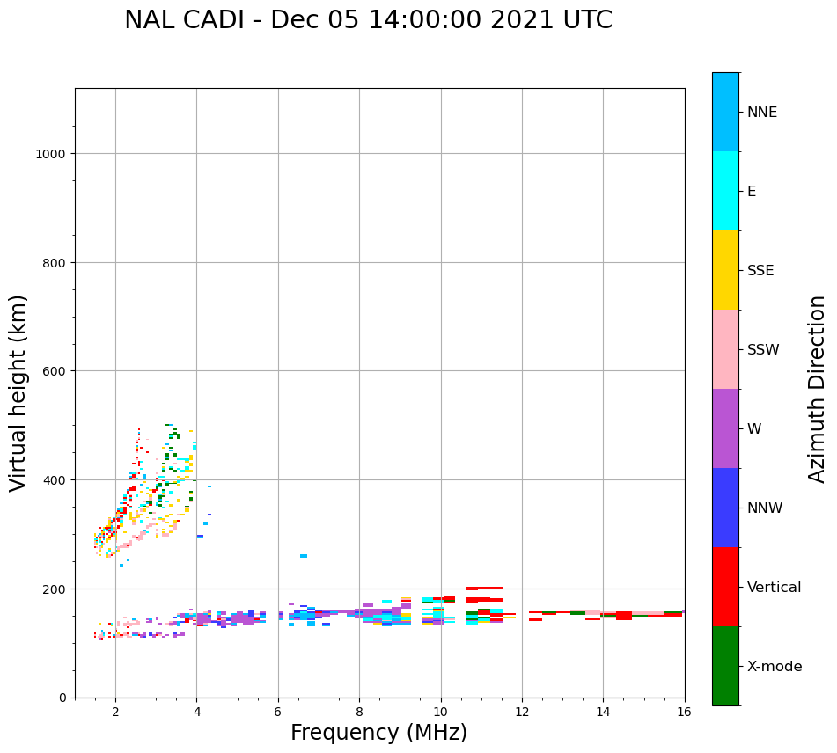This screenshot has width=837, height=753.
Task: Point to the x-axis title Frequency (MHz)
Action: tap(378, 733)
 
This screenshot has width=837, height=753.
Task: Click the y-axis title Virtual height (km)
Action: tap(18, 392)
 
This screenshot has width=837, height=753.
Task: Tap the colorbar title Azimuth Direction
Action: tap(818, 389)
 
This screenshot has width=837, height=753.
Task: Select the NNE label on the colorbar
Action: tap(762, 112)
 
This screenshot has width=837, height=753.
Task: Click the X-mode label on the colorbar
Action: tap(775, 667)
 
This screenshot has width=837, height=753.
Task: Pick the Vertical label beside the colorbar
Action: tap(775, 588)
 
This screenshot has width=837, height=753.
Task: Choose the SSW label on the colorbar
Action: tap(763, 350)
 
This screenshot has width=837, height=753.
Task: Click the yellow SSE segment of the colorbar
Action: tap(725, 270)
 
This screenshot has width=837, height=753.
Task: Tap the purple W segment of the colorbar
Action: tap(725, 428)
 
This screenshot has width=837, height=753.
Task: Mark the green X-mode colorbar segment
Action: tap(725, 666)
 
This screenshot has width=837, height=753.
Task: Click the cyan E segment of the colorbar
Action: tap(725, 191)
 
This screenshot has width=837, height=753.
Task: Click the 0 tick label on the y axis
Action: tap(62, 698)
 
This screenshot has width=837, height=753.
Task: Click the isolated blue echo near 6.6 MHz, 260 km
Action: tap(304, 556)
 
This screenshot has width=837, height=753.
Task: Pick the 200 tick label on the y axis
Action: tap(56, 589)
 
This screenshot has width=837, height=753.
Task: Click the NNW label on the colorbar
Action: tap(765, 508)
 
